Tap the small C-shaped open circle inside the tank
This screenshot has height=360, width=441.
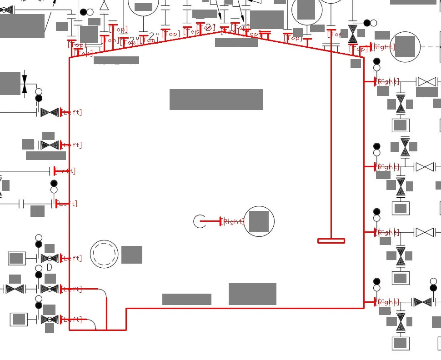199,221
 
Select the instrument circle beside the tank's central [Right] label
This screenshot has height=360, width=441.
259,221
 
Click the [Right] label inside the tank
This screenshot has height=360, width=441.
234,221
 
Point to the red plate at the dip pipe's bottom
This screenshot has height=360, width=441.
331,241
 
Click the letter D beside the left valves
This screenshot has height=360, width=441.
49,268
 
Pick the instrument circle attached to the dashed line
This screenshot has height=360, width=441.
405,47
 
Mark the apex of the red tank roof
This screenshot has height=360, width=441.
223,31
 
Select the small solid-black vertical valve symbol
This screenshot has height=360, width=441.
24,84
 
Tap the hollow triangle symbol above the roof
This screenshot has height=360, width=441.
104,5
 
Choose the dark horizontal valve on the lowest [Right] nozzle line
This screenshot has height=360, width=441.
422,302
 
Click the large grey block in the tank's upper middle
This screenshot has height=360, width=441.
216,100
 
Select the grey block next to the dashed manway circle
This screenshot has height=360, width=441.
132,255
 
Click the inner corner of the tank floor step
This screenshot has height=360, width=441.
126,309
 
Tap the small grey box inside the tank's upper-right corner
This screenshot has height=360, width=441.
356,64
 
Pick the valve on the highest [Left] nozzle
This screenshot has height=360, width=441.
50,112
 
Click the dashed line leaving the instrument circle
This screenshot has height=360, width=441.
430,47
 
